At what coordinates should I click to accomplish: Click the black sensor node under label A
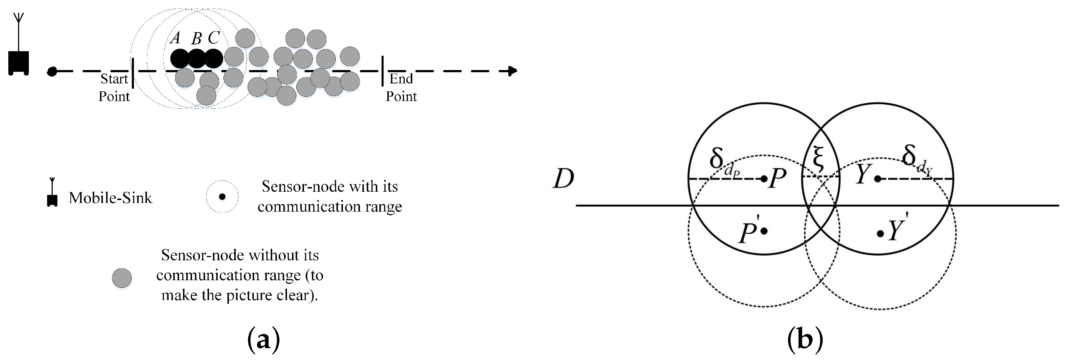[180, 59]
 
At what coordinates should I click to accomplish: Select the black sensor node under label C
[214, 59]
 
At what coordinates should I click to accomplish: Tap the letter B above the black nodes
[197, 39]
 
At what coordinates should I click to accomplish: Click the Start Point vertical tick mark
[133, 73]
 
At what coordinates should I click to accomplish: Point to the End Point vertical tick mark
[382, 71]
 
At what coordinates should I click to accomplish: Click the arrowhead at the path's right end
[513, 71]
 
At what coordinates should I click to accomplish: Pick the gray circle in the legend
[122, 278]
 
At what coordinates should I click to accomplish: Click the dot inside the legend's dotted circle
[222, 196]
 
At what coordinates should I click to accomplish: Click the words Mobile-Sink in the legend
[110, 198]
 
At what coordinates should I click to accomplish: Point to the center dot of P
[764, 179]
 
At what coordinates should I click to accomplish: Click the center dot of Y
[877, 179]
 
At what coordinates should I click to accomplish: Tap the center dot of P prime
[764, 231]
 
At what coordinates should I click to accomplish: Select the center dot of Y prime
[880, 234]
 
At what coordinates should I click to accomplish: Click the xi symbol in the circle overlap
[818, 159]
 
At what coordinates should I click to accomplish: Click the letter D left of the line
[564, 179]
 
